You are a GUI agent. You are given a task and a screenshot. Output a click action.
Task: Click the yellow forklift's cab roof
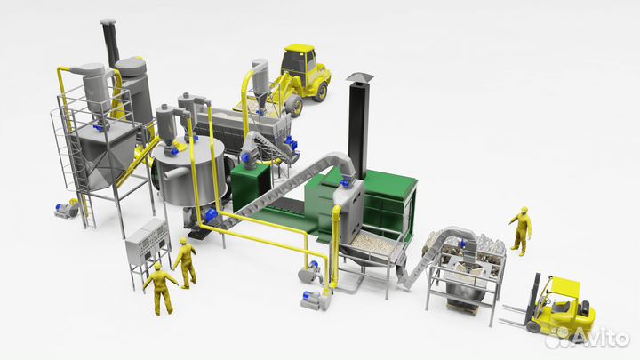pyautogui.click(x=565, y=285)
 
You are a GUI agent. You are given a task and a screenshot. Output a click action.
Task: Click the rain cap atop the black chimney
pyautogui.click(x=359, y=77)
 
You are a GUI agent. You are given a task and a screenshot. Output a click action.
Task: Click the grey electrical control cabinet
pyautogui.click(x=148, y=242)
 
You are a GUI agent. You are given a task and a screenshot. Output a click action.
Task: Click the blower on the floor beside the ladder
pyautogui.click(x=66, y=210)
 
